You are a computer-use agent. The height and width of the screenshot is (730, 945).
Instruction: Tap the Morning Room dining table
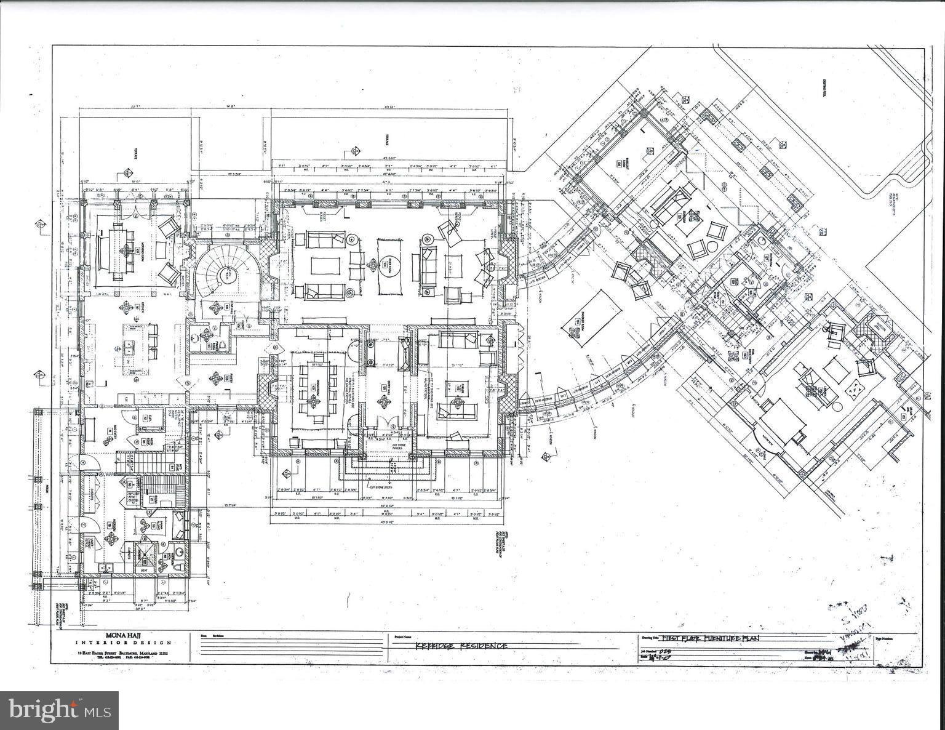coord(118,252)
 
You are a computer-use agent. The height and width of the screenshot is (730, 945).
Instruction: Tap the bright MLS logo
coord(59,709)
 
